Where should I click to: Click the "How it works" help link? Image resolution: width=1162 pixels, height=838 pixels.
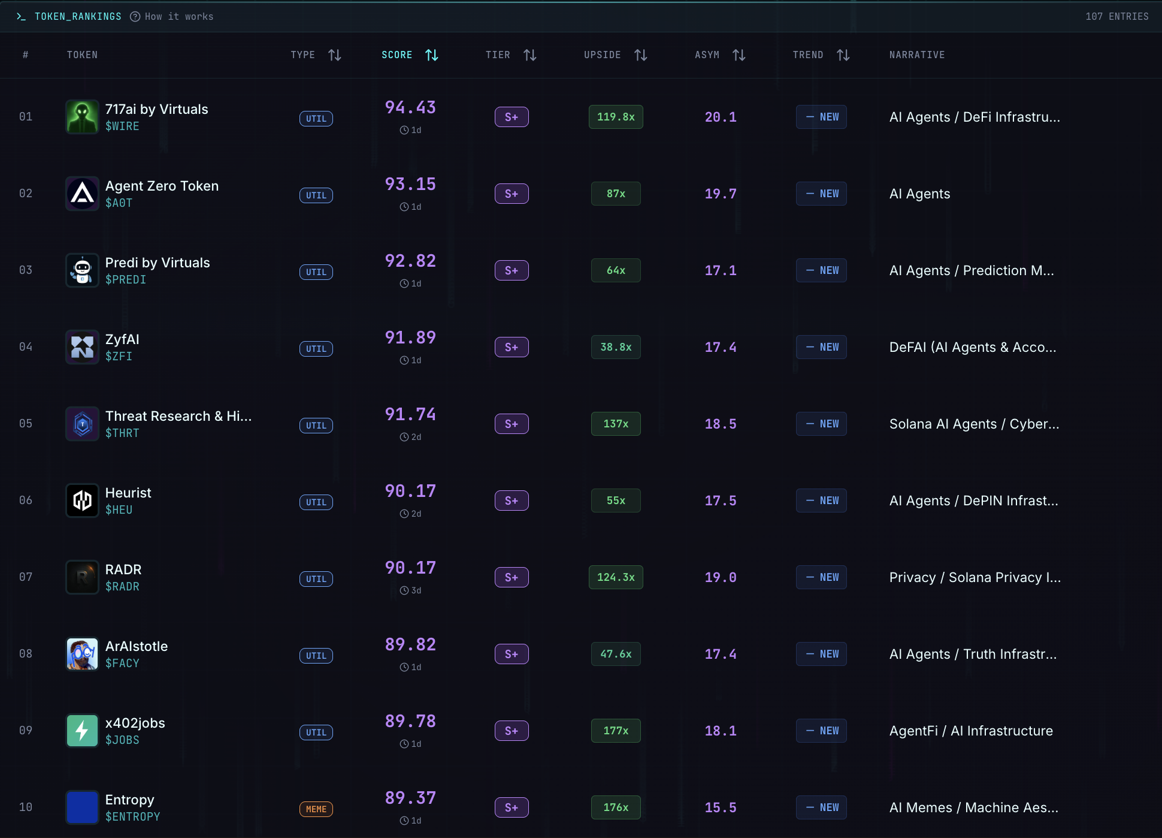click(172, 17)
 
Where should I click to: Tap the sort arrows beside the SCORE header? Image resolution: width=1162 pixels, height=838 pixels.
click(431, 55)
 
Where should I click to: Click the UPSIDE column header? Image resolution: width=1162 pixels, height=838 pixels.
click(603, 55)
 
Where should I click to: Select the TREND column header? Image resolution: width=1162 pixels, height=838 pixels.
click(808, 55)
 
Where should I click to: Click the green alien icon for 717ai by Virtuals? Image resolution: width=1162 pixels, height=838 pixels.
click(82, 117)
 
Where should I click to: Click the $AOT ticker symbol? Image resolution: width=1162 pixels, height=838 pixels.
click(119, 203)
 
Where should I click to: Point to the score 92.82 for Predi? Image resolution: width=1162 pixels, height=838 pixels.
click(410, 261)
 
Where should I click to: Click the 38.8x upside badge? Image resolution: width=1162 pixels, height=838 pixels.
click(616, 347)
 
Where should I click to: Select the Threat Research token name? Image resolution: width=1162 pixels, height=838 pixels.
click(178, 416)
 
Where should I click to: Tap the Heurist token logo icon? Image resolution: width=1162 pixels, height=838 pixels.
click(82, 501)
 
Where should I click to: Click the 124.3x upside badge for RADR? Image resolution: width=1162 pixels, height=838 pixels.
click(616, 577)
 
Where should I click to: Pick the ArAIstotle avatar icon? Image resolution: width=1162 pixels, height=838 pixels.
click(82, 654)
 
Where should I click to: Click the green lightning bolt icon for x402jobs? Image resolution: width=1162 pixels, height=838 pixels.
click(82, 731)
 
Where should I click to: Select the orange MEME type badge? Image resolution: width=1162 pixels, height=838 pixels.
click(316, 809)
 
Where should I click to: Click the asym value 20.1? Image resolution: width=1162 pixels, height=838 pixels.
click(721, 117)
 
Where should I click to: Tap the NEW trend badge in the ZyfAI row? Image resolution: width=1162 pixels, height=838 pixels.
click(821, 347)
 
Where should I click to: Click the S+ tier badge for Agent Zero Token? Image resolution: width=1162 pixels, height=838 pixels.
click(512, 194)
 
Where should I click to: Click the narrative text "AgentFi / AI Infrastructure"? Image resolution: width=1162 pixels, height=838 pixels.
click(971, 731)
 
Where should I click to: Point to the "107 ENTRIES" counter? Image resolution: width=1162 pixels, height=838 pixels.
click(1117, 17)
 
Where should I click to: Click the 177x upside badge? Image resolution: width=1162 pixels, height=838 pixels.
click(616, 731)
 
